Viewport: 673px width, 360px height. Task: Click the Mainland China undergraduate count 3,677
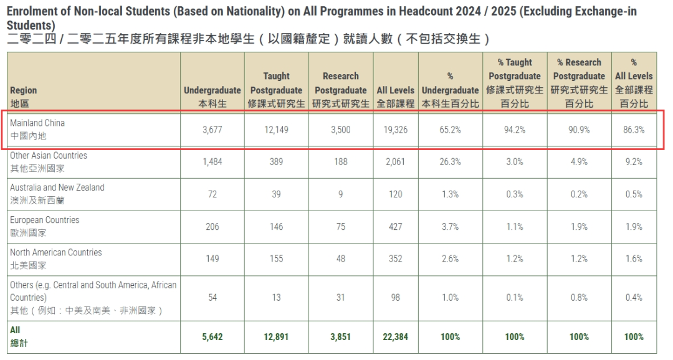(x=212, y=130)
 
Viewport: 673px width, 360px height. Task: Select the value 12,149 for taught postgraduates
(x=276, y=130)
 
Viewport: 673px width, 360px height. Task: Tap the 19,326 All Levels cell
(x=395, y=130)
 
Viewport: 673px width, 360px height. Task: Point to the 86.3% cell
(x=634, y=130)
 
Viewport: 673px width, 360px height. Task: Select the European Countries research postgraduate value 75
(x=340, y=227)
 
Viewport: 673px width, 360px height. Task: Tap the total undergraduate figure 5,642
(x=212, y=337)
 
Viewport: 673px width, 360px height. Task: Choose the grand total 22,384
(x=395, y=337)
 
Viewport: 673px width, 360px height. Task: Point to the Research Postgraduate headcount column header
(x=340, y=90)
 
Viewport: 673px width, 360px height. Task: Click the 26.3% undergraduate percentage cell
(x=450, y=162)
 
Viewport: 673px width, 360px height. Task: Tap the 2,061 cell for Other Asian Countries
(x=395, y=162)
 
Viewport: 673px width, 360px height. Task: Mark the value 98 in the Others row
(x=395, y=298)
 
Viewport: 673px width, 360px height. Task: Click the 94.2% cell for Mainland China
(x=515, y=130)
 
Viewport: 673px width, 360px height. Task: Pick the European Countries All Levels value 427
(x=395, y=227)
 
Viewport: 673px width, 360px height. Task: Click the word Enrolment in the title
(x=31, y=11)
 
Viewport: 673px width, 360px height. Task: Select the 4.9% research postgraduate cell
(x=579, y=162)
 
